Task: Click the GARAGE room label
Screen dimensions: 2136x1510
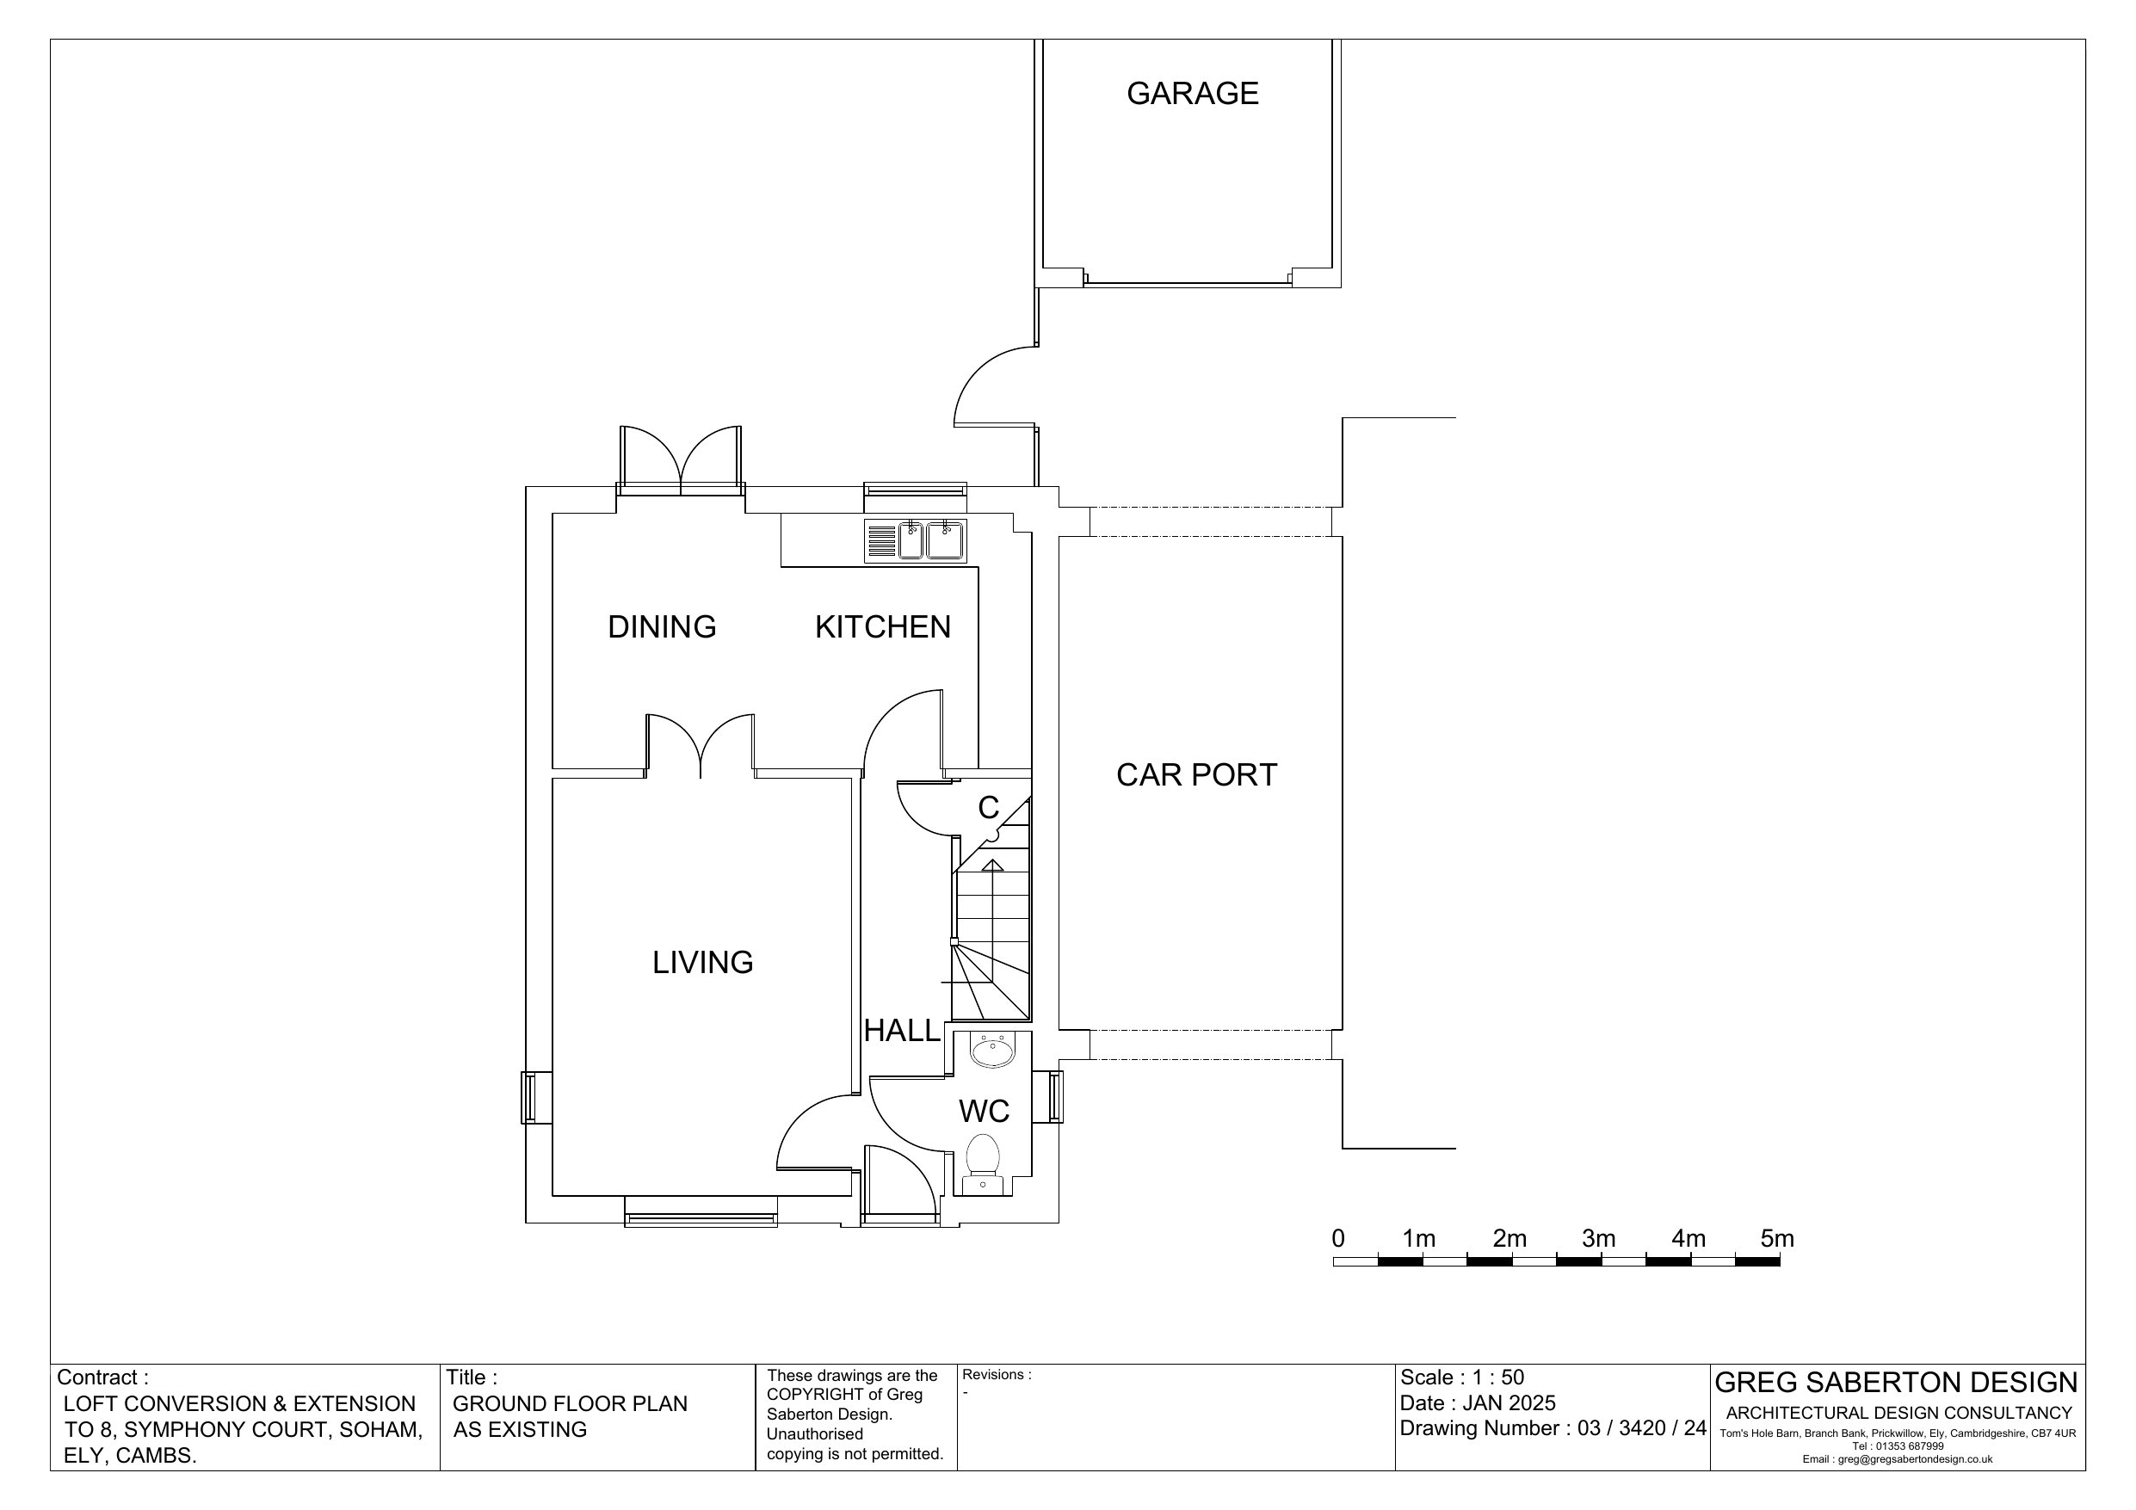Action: tap(1193, 93)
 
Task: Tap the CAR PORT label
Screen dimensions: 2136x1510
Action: tap(1196, 775)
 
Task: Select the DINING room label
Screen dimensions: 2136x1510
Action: tap(662, 627)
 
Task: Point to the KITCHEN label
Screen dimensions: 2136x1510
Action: tap(883, 627)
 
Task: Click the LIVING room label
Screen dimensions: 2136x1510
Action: tap(702, 962)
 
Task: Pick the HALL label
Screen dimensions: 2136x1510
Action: tap(901, 1031)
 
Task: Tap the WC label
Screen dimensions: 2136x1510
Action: tap(985, 1111)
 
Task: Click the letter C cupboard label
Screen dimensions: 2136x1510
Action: tap(988, 808)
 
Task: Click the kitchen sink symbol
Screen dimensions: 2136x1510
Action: tap(916, 541)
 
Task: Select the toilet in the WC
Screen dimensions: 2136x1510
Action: tap(983, 1163)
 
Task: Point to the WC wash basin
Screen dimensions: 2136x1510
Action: tap(992, 1051)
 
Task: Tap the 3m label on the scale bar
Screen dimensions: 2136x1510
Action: tap(1598, 1239)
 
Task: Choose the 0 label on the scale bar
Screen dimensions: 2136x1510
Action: tap(1337, 1239)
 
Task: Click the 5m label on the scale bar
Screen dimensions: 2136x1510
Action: tap(1777, 1239)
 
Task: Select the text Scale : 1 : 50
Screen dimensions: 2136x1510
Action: tap(1461, 1377)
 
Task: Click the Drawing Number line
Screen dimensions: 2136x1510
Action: tap(1553, 1428)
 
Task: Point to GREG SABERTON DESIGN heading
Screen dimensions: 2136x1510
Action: tap(1896, 1383)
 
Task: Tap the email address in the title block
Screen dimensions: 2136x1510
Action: tap(1898, 1460)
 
